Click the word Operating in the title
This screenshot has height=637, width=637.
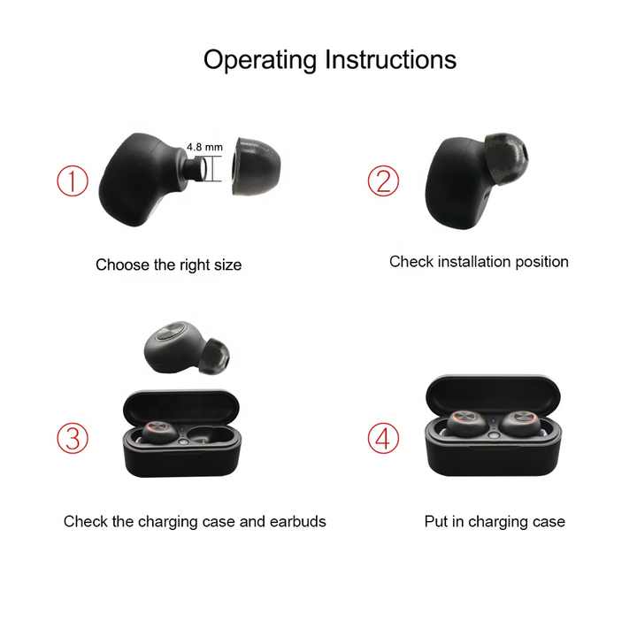259,60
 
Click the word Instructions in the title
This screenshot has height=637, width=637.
391,59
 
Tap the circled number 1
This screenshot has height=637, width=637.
73,180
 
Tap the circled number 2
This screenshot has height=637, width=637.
383,180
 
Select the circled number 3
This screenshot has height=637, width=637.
73,438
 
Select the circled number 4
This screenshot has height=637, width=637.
383,438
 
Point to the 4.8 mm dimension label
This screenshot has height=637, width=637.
204,147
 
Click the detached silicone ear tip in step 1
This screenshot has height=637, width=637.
257,166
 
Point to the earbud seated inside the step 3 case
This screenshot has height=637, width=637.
159,433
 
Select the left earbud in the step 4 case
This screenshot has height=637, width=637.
467,424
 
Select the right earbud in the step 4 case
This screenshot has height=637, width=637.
520,423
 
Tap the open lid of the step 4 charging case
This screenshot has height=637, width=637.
493,395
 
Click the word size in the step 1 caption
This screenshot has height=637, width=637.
228,265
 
